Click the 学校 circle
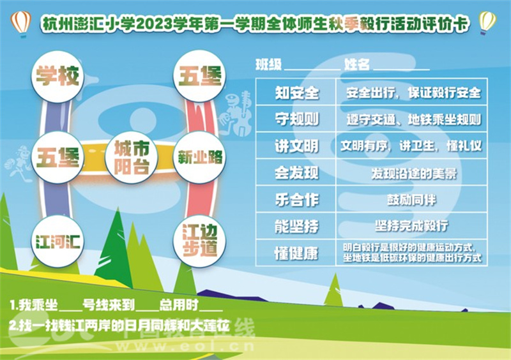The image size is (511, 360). click(x=57, y=77)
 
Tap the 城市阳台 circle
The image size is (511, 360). click(x=132, y=158)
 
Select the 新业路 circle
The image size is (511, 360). click(x=199, y=158)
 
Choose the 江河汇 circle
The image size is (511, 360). click(x=57, y=241)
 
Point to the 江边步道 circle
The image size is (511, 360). click(x=199, y=241)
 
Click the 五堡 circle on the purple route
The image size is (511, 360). click(x=57, y=158)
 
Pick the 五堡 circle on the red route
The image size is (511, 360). click(x=199, y=76)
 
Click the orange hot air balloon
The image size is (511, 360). click(x=21, y=24)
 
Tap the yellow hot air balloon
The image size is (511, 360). click(x=487, y=22)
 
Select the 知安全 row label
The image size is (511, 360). click(x=296, y=93)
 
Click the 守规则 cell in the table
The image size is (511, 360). click(x=296, y=119)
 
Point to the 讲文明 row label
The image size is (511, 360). click(x=296, y=146)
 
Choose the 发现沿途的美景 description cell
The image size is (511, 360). click(x=411, y=173)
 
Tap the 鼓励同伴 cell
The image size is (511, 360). click(x=411, y=199)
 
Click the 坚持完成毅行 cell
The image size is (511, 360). click(x=411, y=226)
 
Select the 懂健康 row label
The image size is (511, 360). click(x=296, y=253)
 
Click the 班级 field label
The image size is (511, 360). click(x=269, y=64)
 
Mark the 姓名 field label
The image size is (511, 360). click(x=357, y=64)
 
